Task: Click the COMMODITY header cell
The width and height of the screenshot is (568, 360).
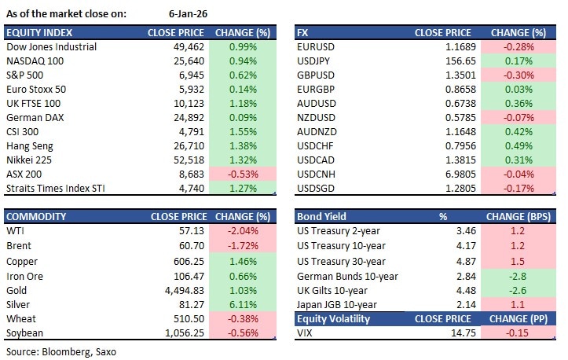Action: click(x=38, y=216)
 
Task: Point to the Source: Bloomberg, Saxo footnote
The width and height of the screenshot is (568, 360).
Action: click(x=59, y=351)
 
